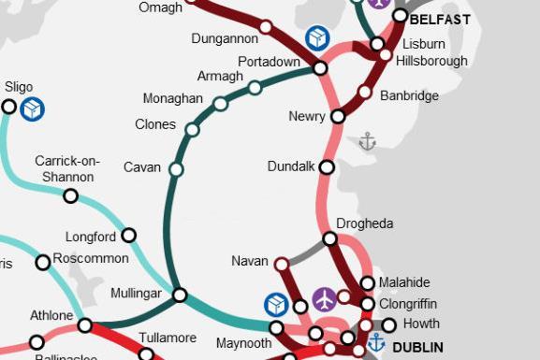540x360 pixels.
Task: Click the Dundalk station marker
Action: click(327, 167)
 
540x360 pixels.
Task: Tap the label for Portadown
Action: click(269, 61)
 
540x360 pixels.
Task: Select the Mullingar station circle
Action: click(180, 294)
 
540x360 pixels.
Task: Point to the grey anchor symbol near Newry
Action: click(367, 141)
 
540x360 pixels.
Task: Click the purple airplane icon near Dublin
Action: click(324, 299)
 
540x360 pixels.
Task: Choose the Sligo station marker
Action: click(8, 107)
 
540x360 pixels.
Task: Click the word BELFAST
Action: click(440, 18)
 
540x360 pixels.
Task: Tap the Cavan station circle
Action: click(175, 169)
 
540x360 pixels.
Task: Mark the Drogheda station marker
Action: click(329, 239)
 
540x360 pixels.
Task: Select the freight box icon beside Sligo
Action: click(34, 108)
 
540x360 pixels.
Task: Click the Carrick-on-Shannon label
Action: click(67, 168)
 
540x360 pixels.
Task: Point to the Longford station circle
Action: click(129, 236)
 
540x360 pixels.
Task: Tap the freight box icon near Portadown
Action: click(318, 38)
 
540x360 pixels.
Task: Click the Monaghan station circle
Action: click(220, 104)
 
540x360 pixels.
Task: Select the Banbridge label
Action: click(409, 95)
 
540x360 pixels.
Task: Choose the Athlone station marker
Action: click(84, 325)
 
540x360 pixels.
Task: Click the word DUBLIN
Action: click(417, 347)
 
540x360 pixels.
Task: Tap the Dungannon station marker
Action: click(266, 27)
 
